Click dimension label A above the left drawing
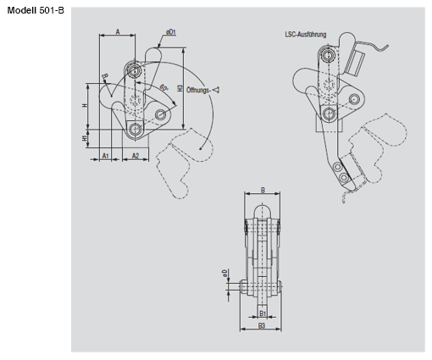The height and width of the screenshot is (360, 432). pos(119,30)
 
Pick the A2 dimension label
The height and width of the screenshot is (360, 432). pos(136,157)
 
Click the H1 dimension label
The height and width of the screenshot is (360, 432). pos(86,137)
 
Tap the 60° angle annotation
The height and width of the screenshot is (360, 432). pos(162,89)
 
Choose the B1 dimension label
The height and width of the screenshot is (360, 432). pos(263,313)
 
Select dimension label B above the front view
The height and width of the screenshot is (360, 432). pos(263,191)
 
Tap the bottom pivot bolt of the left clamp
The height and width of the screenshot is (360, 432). pos(136,130)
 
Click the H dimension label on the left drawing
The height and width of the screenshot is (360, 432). pos(86,105)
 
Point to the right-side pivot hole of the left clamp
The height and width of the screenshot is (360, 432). pos(161,114)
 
